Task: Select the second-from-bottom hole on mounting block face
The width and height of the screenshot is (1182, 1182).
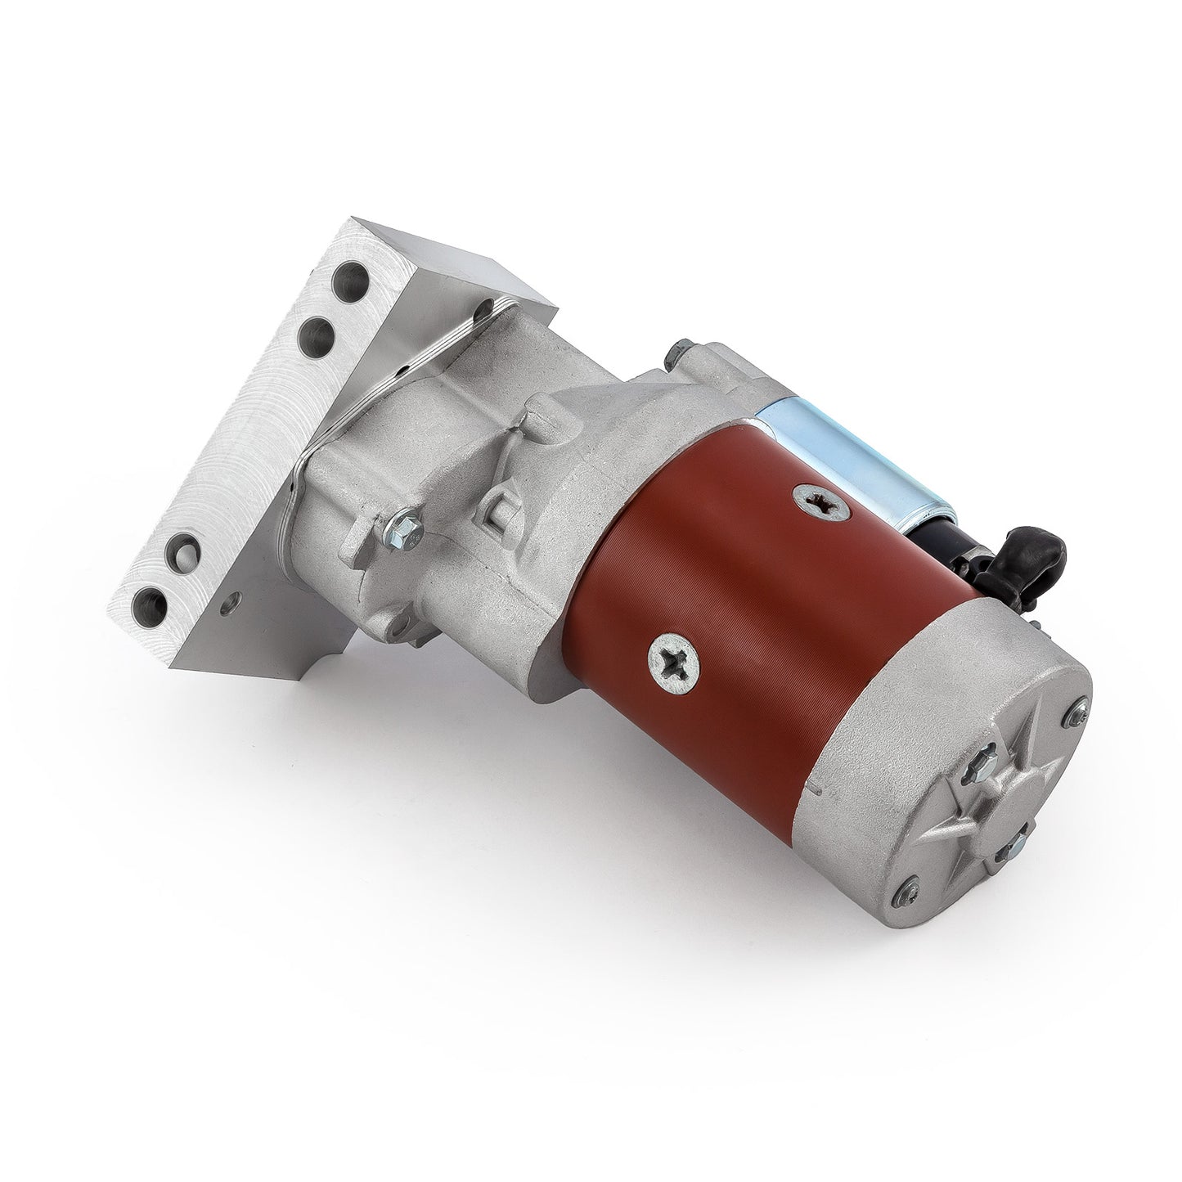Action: (187, 546)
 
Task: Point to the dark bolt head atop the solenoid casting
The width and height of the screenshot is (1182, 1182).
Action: (676, 352)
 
